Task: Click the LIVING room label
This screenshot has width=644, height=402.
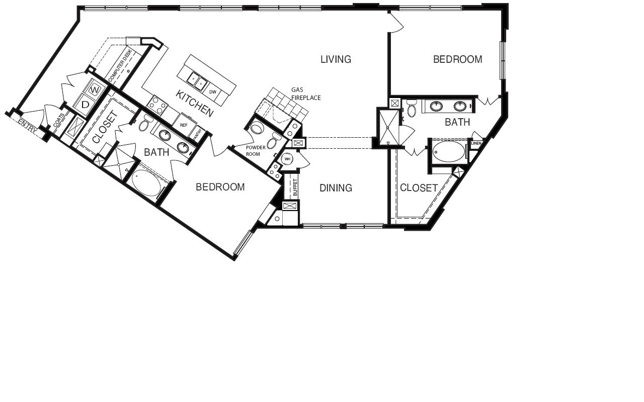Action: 336,59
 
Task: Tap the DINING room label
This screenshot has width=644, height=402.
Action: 336,188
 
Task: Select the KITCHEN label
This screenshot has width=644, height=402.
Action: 195,104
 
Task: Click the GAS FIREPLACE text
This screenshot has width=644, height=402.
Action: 306,94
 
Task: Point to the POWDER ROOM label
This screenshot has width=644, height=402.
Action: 256,151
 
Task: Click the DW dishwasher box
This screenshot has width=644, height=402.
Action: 213,92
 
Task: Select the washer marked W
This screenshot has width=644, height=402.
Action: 94,90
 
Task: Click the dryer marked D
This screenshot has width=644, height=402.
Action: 85,105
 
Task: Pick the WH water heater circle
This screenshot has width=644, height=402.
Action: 287,159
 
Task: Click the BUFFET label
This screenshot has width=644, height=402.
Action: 295,187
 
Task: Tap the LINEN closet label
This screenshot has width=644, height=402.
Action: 476,143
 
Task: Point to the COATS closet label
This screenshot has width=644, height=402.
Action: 59,120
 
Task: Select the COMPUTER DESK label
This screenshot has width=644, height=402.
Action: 120,65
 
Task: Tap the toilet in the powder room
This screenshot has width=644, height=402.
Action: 274,140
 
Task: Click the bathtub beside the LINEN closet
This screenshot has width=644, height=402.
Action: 448,151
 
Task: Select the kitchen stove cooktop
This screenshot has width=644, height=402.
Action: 156,106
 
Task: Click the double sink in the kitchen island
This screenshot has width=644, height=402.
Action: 197,80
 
